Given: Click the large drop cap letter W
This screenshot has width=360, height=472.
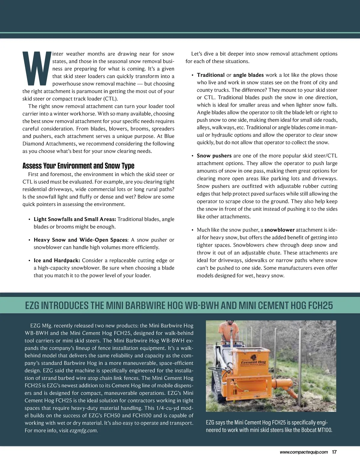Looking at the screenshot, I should point(35,69).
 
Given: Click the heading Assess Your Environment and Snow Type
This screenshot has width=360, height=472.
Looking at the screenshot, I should point(78,166).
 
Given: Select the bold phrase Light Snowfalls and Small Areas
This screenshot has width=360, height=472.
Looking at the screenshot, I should point(75,219).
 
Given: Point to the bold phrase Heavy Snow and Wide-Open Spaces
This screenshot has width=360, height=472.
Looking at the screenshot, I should point(81,240).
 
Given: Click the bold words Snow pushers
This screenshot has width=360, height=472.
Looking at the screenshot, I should point(214,156).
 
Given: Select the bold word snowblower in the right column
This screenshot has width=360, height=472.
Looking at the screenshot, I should point(280,230).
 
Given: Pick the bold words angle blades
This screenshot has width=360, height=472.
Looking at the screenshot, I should point(248,75).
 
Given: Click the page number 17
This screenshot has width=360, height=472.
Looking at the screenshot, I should point(334,452).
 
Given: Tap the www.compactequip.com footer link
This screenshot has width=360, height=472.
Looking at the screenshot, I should point(304,452).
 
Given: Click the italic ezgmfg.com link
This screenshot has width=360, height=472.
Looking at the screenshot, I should point(84,431).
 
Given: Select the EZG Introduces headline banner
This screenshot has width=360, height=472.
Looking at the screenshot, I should point(179,305).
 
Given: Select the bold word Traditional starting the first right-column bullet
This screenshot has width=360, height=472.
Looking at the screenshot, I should point(211,75).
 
